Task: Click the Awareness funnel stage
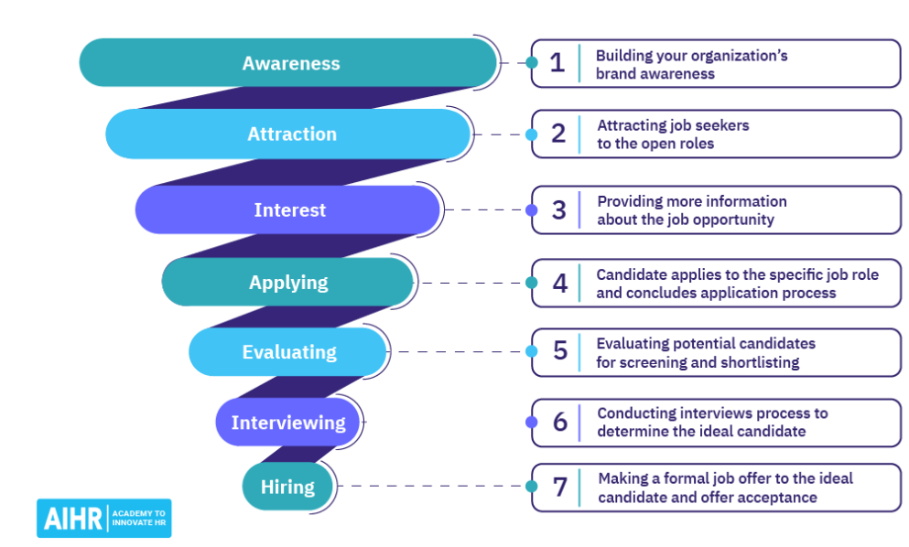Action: click(288, 62)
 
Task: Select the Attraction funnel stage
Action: click(288, 134)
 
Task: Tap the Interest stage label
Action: click(289, 209)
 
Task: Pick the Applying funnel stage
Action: click(287, 283)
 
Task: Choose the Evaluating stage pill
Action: click(288, 352)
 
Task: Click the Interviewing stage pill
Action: click(288, 423)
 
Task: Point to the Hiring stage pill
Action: click(288, 487)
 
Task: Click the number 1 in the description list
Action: click(557, 62)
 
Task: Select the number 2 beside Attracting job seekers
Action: click(558, 134)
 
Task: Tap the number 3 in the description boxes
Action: click(558, 209)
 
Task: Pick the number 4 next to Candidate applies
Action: click(559, 283)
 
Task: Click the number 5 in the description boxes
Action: click(560, 351)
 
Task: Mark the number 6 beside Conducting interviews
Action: click(560, 422)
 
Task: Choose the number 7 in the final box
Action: click(560, 487)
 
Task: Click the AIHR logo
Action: click(104, 518)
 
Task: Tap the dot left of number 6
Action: click(532, 423)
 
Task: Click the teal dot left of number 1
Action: click(532, 62)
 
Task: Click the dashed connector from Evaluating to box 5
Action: click(458, 352)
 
